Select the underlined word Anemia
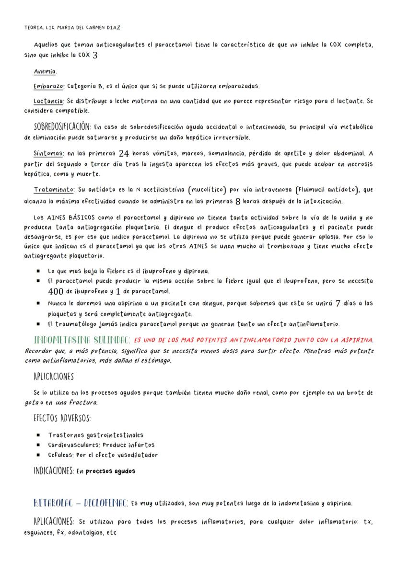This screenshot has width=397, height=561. tap(46, 71)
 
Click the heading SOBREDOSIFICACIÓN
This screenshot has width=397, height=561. tap(62, 127)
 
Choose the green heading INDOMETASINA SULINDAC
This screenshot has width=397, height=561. tap(82, 340)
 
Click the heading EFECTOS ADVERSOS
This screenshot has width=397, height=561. tap(62, 418)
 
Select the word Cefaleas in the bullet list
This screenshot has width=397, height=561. tap(61, 455)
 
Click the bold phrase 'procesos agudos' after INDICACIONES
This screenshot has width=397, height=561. tap(110, 471)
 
